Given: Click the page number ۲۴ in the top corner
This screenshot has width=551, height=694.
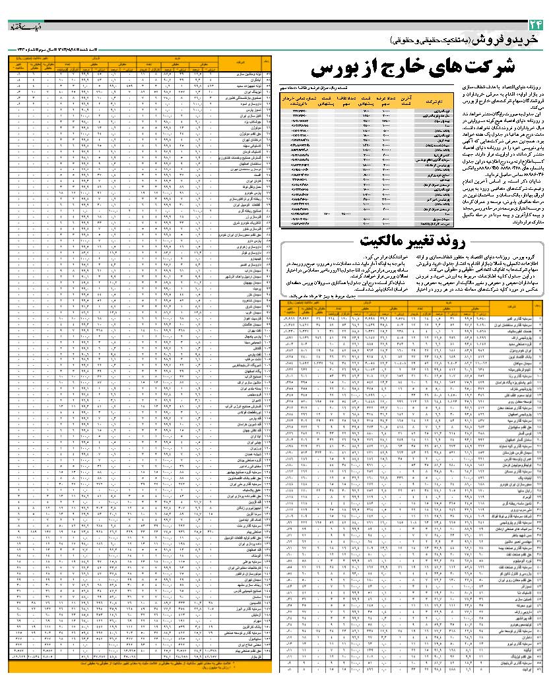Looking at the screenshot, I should click(535, 26).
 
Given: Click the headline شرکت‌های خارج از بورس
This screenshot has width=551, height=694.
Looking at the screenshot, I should click(412, 69).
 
